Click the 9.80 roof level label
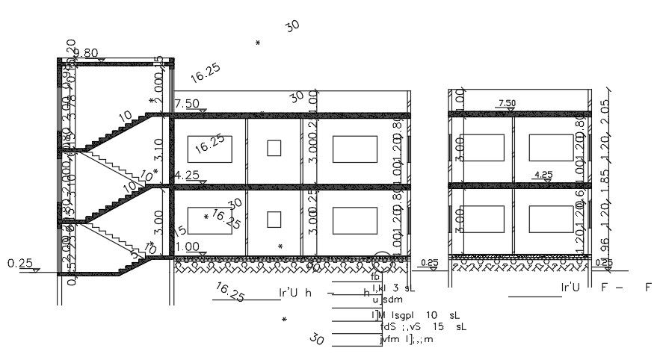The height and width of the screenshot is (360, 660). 86,53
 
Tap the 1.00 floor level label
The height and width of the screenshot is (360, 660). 187,246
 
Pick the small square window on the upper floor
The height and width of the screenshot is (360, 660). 274,148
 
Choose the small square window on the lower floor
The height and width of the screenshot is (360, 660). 274,220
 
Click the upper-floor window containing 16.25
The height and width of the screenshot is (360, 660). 209,149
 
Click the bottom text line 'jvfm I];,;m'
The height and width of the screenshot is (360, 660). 407,339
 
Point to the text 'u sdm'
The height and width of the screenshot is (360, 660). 387,300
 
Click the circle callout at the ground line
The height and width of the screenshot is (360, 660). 383,261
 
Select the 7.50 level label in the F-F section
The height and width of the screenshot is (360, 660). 507,103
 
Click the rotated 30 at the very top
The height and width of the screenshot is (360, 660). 292,25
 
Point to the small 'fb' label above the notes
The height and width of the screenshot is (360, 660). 375,278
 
